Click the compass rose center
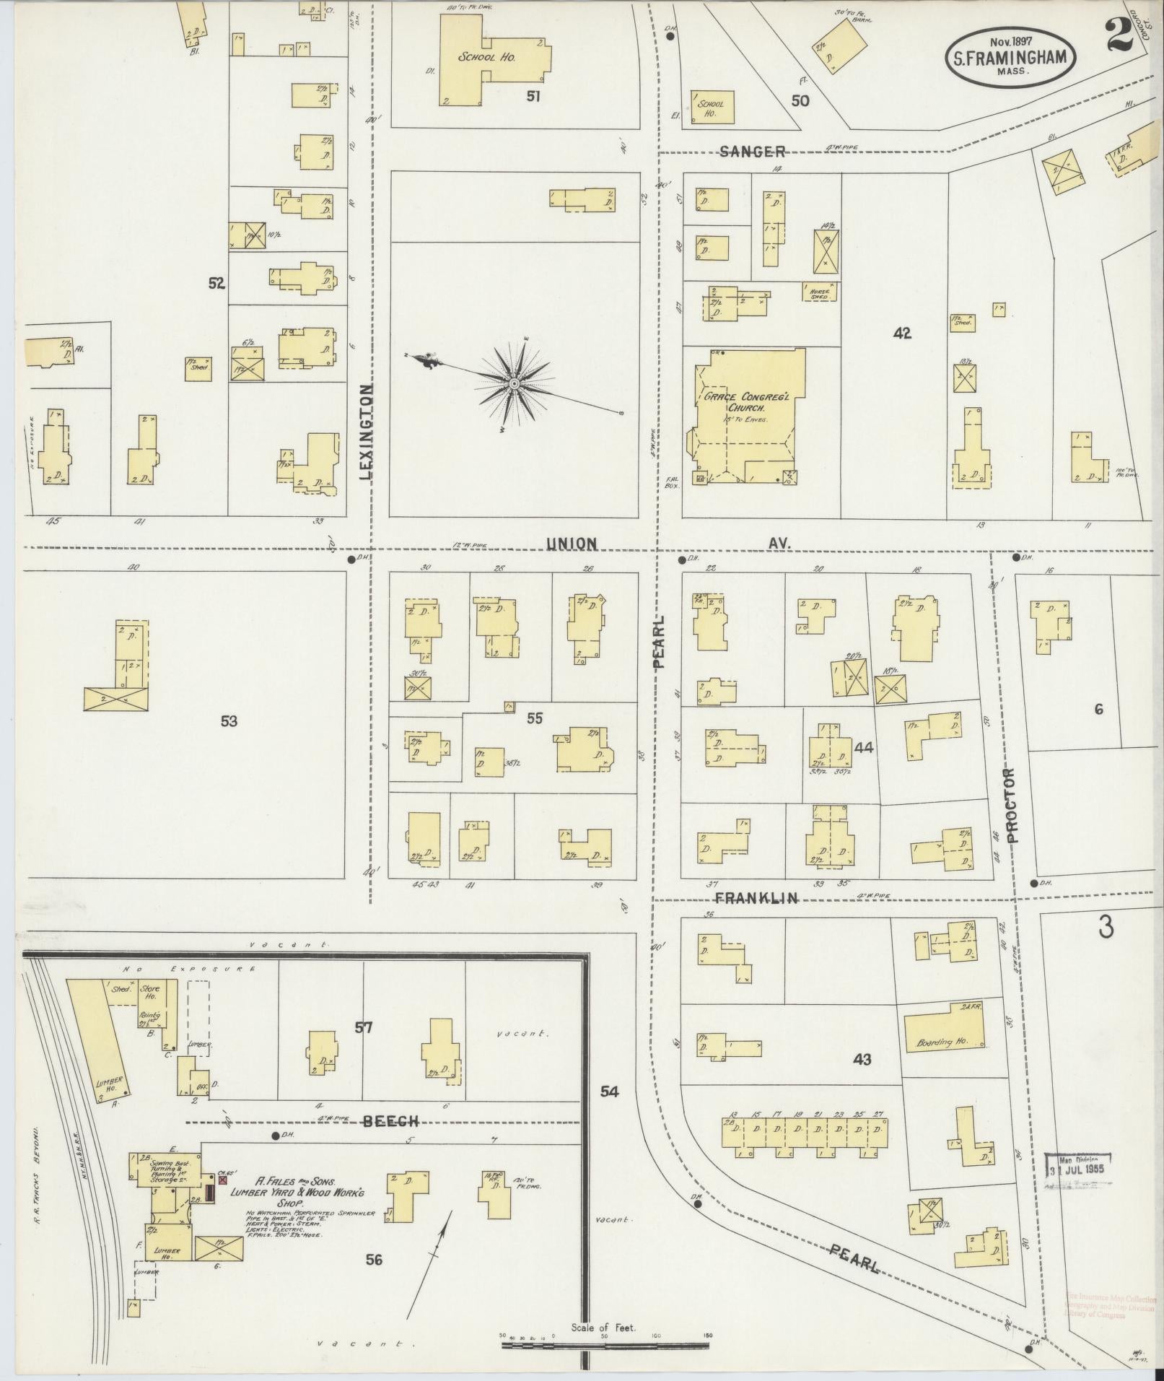click(x=514, y=383)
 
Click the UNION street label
click(x=571, y=543)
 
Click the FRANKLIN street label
click(x=756, y=898)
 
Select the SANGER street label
click(x=753, y=152)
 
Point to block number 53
click(x=229, y=720)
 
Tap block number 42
click(x=902, y=333)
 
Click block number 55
click(x=535, y=718)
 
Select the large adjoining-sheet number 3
click(x=1105, y=929)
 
